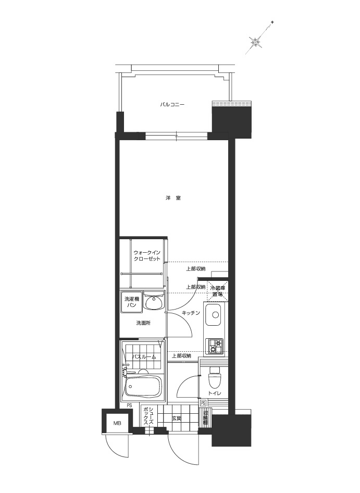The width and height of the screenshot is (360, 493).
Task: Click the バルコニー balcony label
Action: pos(172,105)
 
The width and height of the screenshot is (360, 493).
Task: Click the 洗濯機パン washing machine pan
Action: pos(132,302)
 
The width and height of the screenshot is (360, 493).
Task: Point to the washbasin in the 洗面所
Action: pos(154,302)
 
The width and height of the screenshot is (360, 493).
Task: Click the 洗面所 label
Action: pos(143,323)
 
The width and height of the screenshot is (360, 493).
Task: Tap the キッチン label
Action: pos(191,313)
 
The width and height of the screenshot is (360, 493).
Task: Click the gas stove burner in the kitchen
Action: pos(215,344)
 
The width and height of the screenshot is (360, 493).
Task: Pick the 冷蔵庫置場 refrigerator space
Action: pos(218,291)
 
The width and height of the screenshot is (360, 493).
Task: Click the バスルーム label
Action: pos(143,357)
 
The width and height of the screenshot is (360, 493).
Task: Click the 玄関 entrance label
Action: pos(176,418)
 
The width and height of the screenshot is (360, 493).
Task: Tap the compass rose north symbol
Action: pos(256,42)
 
